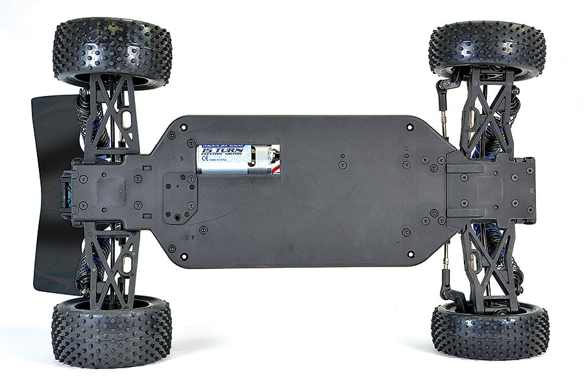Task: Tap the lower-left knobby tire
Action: [x=112, y=331]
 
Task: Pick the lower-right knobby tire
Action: [x=490, y=331]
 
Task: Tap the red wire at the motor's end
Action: [x=277, y=170]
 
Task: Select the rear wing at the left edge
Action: [x=49, y=194]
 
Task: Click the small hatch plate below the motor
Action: [x=180, y=198]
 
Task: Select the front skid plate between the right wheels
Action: [x=493, y=188]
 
